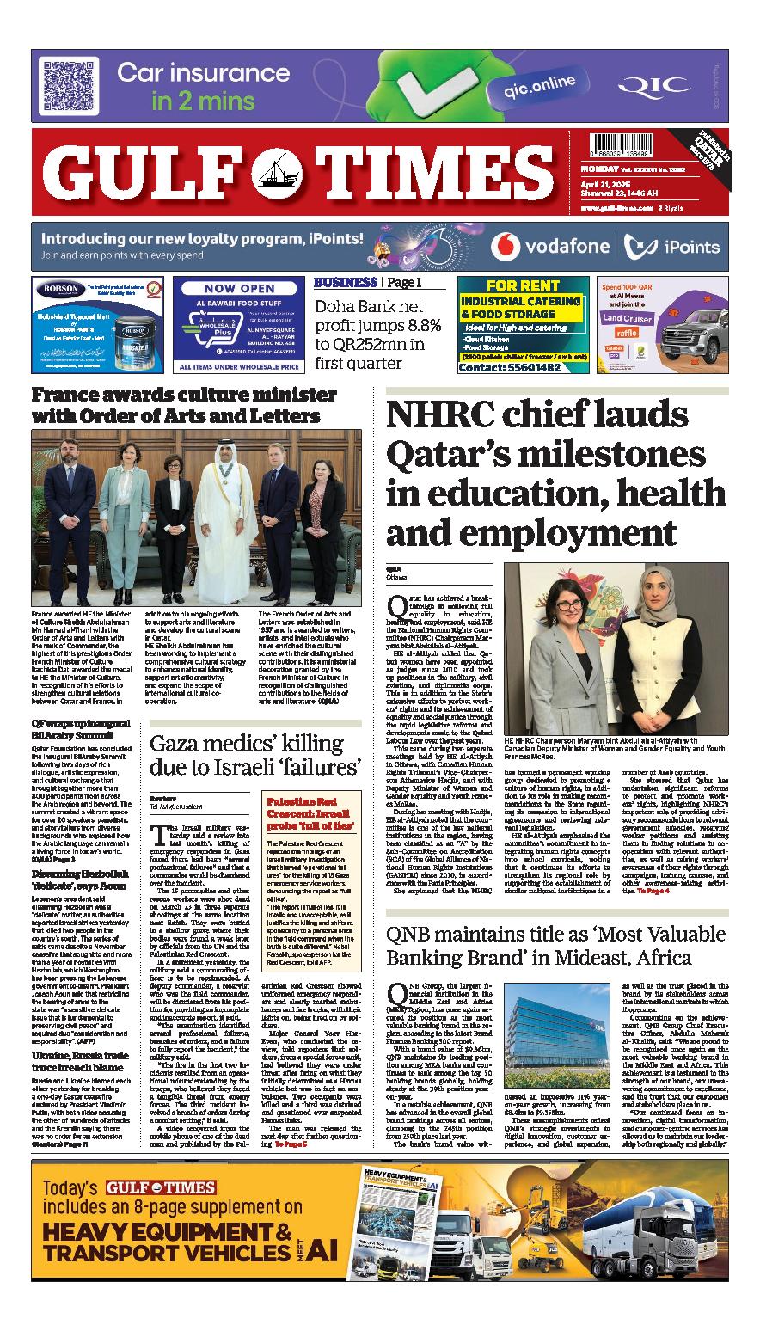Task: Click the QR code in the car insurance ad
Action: coord(67,87)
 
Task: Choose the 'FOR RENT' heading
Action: coord(520,285)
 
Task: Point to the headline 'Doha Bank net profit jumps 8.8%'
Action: coord(377,334)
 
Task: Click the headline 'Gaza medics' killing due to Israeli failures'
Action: coord(254,754)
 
